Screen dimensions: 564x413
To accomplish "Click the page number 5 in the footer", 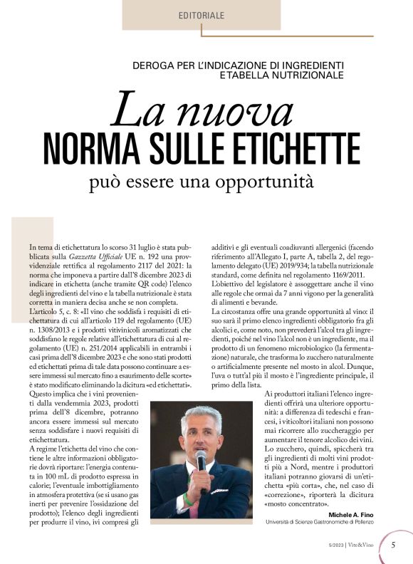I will click(x=394, y=545).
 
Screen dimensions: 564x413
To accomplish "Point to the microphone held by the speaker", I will click(x=201, y=461).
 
